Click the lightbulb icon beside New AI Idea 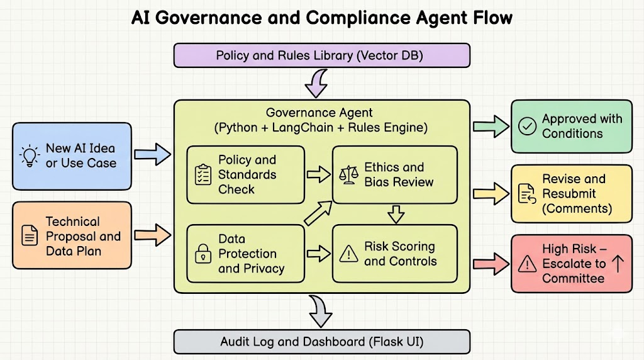29,155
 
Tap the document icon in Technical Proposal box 30,236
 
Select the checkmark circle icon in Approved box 526,126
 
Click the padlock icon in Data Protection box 203,254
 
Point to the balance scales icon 348,174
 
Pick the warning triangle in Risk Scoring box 348,254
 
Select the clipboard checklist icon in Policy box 203,174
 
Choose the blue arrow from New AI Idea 153,153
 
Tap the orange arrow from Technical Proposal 153,235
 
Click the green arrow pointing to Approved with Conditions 491,126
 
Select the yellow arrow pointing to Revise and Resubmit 491,193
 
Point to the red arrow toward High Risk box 491,264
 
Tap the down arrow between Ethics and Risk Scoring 395,214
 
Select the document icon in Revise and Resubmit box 526,194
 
